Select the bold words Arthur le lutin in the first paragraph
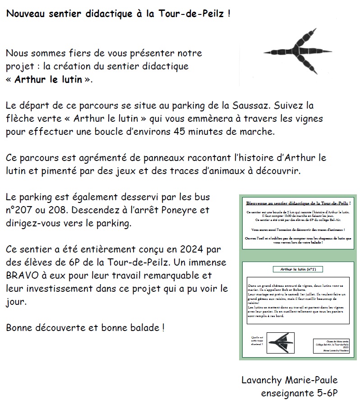[x=48, y=80]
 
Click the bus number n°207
[x=22, y=210]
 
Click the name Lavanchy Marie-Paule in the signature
[x=289, y=380]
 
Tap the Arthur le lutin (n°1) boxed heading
[x=298, y=269]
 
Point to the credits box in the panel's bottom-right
[x=331, y=346]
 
